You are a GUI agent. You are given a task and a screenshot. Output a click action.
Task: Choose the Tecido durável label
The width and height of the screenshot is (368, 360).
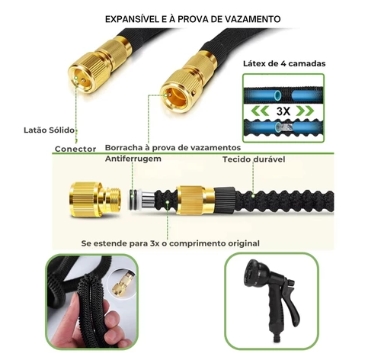[254, 159]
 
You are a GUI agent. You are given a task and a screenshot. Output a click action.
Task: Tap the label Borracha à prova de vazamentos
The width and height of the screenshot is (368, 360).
[172, 147]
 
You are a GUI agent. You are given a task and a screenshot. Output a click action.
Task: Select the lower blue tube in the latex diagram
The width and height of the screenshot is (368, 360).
[281, 129]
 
